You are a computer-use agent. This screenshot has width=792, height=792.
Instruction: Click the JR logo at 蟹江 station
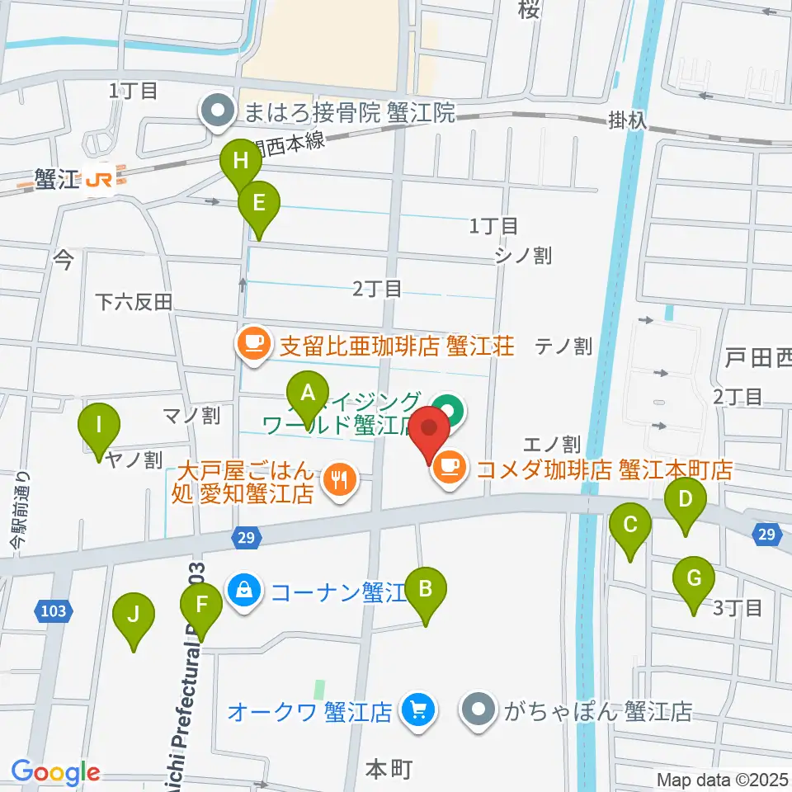coord(100,177)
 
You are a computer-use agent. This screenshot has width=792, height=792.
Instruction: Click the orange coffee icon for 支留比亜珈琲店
coord(253,344)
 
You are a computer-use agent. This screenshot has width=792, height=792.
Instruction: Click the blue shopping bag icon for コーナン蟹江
coord(245,592)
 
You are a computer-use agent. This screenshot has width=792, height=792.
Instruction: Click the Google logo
coord(55,773)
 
